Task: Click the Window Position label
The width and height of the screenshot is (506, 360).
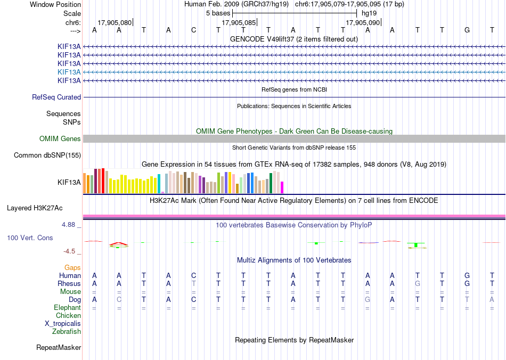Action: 55,4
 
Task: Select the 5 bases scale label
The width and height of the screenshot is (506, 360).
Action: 218,13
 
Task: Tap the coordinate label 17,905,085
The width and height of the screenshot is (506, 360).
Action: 239,22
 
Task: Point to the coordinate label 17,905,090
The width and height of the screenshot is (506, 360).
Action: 363,22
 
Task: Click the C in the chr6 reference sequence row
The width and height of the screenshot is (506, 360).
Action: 194,30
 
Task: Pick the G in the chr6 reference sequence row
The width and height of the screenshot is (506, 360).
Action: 467,30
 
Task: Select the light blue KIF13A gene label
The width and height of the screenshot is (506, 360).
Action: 69,72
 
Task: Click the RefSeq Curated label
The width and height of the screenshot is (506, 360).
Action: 56,97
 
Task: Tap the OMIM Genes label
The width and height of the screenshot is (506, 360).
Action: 60,138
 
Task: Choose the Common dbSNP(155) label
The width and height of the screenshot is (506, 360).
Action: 47,155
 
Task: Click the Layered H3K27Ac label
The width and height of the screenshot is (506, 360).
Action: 35,208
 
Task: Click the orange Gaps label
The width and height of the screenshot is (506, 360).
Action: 72,267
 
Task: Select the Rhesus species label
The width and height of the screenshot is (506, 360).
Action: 69,283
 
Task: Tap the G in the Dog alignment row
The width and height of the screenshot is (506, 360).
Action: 368,300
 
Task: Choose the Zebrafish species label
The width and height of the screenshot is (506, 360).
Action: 67,331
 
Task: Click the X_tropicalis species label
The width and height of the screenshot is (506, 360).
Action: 63,324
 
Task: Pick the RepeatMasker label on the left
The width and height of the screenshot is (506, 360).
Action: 59,347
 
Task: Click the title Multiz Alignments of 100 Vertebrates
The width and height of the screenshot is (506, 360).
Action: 294,260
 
